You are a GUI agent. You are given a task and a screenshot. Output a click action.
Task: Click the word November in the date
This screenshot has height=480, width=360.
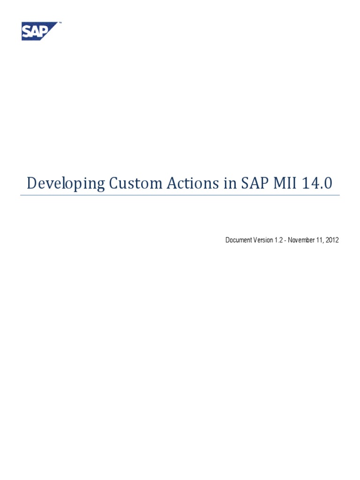click(x=303, y=240)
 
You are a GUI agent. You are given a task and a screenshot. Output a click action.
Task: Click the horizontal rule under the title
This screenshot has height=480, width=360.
click(x=180, y=195)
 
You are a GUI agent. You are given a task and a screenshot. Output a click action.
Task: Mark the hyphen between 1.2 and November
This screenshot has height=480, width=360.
click(x=285, y=240)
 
